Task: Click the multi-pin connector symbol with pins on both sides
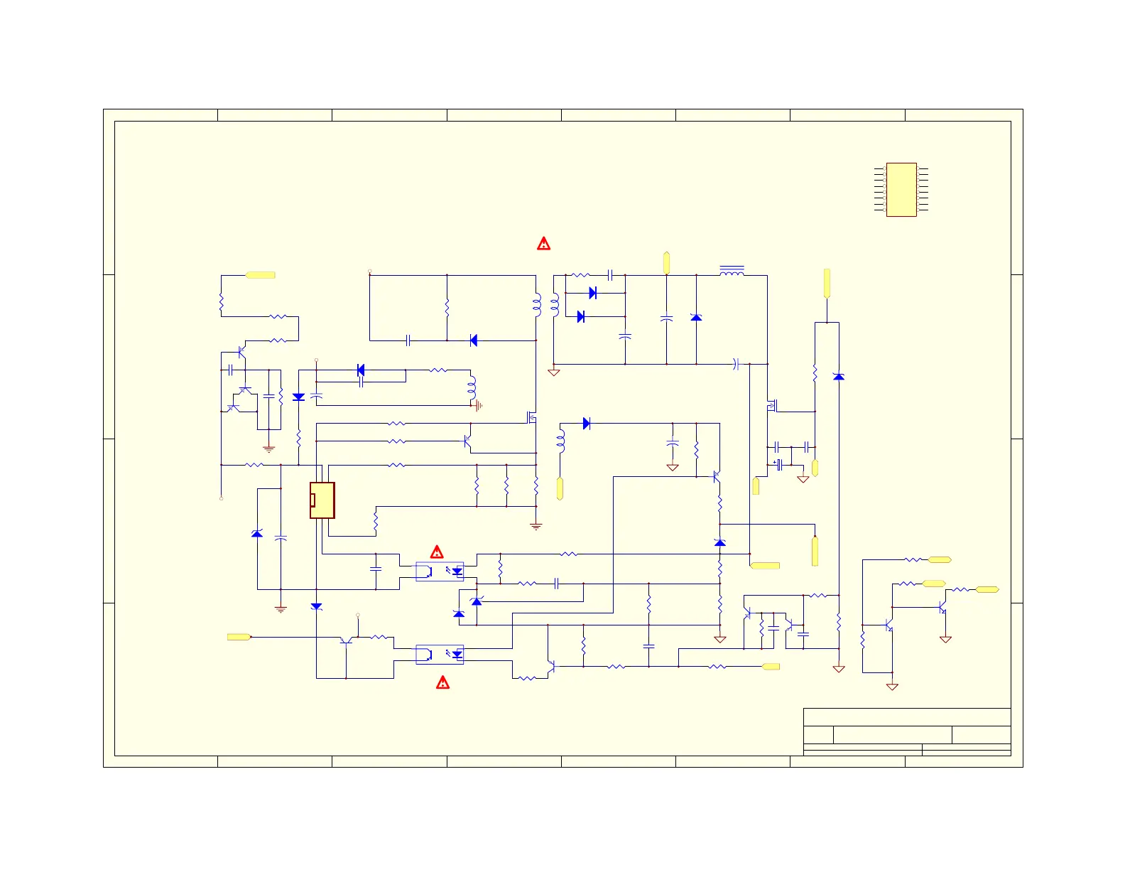[901, 189]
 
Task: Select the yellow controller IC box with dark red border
[322, 500]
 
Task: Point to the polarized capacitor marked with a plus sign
[779, 464]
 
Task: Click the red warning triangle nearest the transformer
[543, 244]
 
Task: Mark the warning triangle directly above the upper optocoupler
[437, 552]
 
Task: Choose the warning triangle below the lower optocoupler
[442, 683]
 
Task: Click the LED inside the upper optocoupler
[457, 571]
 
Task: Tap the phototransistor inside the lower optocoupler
[425, 654]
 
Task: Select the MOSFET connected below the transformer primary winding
[531, 417]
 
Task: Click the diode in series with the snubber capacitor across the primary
[474, 340]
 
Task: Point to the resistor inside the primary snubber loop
[447, 308]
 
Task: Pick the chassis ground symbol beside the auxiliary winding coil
[479, 406]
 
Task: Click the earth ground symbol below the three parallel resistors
[536, 526]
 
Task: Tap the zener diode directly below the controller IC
[317, 606]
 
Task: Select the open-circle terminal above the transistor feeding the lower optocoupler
[358, 615]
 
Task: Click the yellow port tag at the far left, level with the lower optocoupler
[238, 637]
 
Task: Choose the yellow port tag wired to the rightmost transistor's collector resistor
[987, 589]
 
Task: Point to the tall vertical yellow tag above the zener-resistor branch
[827, 283]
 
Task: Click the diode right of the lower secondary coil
[587, 424]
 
